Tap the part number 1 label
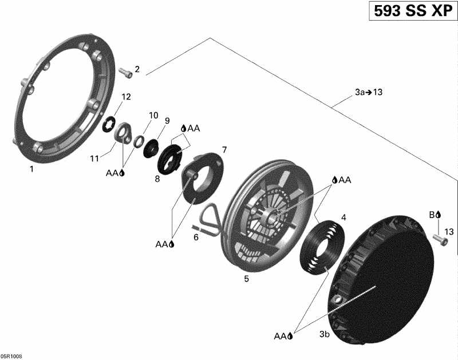point(32,169)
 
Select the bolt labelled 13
point(439,240)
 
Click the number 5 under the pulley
point(247,279)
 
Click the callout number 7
point(224,150)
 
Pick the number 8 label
point(157,179)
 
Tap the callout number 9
point(167,121)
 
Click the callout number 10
point(153,115)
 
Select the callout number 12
point(126,96)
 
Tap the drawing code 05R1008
point(11,355)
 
